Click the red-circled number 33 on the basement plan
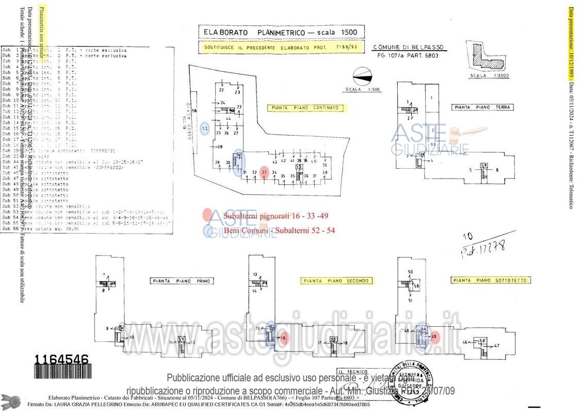click(x=264, y=172)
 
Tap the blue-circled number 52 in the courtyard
click(x=205, y=128)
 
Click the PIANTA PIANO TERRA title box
click(x=482, y=107)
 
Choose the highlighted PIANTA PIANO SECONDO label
click(x=336, y=281)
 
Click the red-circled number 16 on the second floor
click(x=283, y=338)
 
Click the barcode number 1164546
click(x=61, y=359)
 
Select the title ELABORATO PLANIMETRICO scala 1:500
click(x=281, y=32)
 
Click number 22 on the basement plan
click(x=221, y=90)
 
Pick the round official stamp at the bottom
click(x=413, y=380)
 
